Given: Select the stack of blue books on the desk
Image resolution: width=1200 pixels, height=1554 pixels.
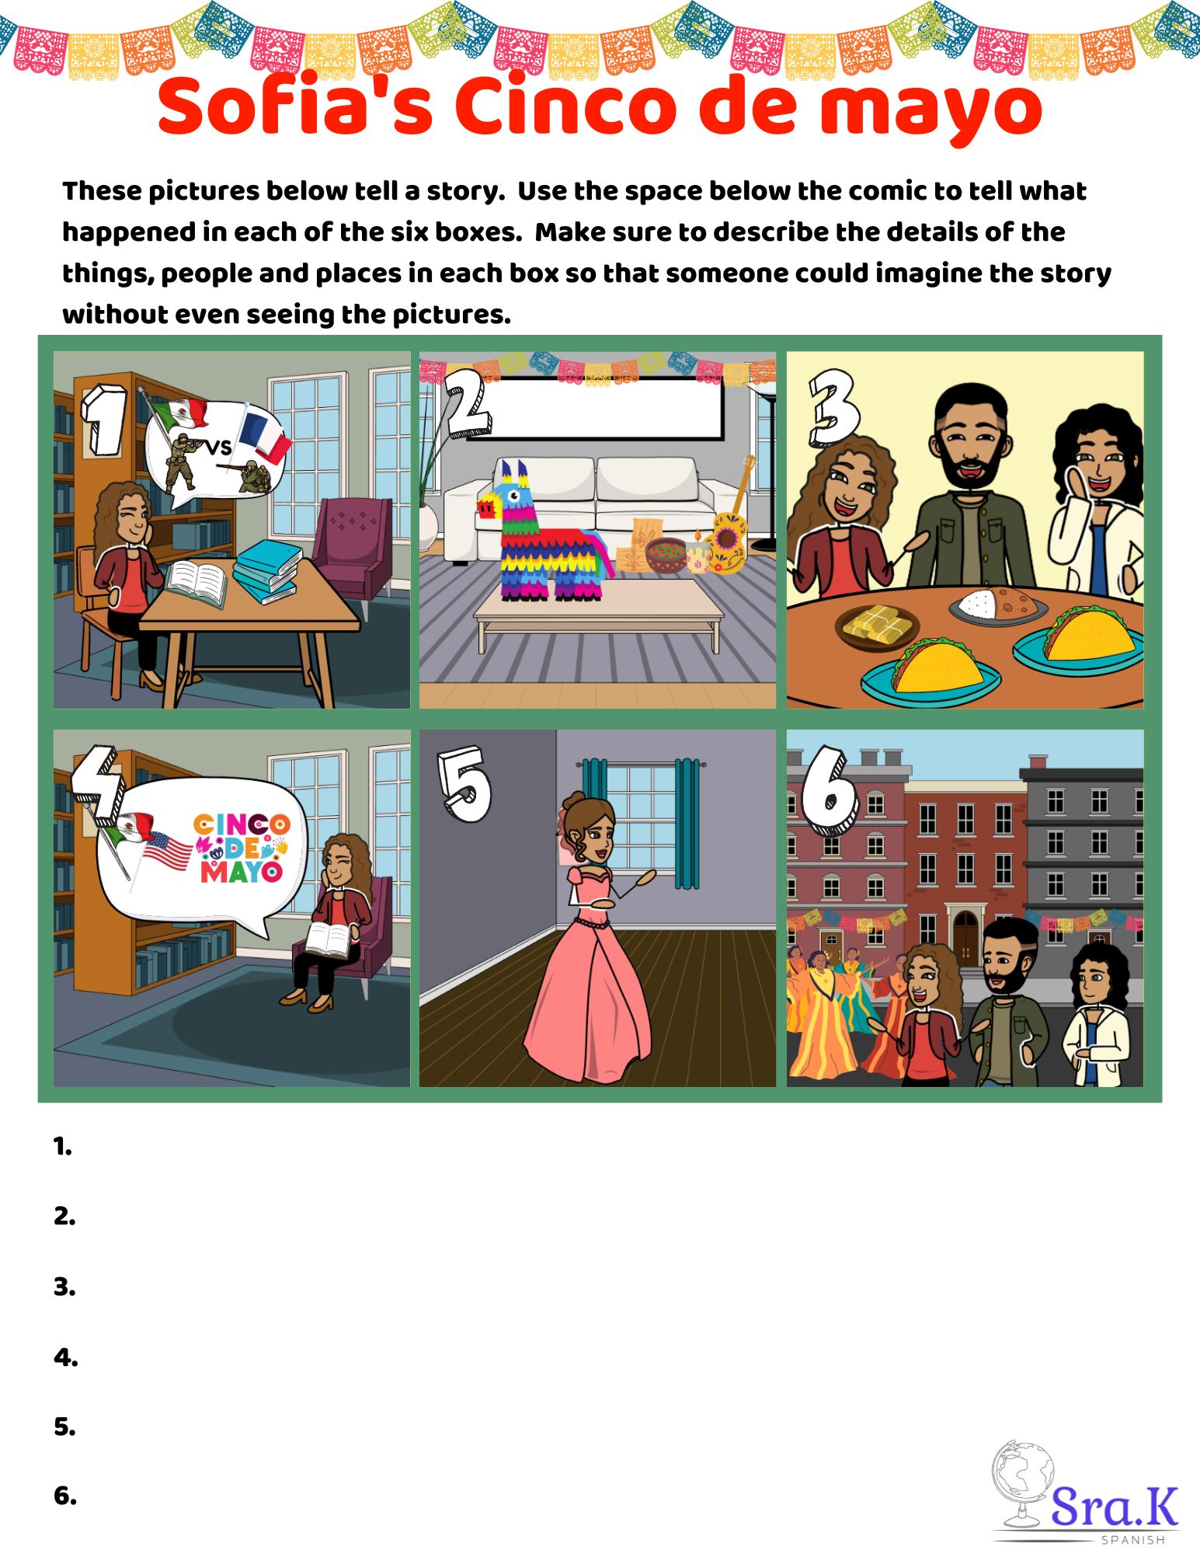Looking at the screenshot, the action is pyautogui.click(x=267, y=570).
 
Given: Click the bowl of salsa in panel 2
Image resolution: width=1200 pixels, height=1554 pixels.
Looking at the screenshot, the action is pyautogui.click(x=666, y=555).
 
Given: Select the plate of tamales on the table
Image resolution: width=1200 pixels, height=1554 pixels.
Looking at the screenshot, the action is pyautogui.click(x=877, y=626).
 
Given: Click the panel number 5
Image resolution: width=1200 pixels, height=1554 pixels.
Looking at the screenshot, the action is pyautogui.click(x=464, y=784).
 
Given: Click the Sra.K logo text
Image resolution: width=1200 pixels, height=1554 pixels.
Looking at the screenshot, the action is pyautogui.click(x=1115, y=1507).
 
